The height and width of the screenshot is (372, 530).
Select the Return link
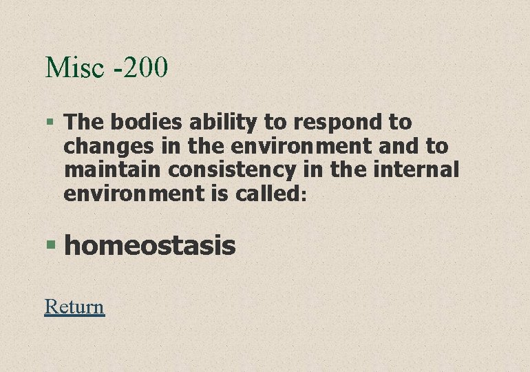click(74, 306)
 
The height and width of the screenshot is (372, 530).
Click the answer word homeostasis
click(150, 245)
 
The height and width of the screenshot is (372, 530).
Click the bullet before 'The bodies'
click(50, 123)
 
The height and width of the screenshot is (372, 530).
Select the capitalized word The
click(84, 123)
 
